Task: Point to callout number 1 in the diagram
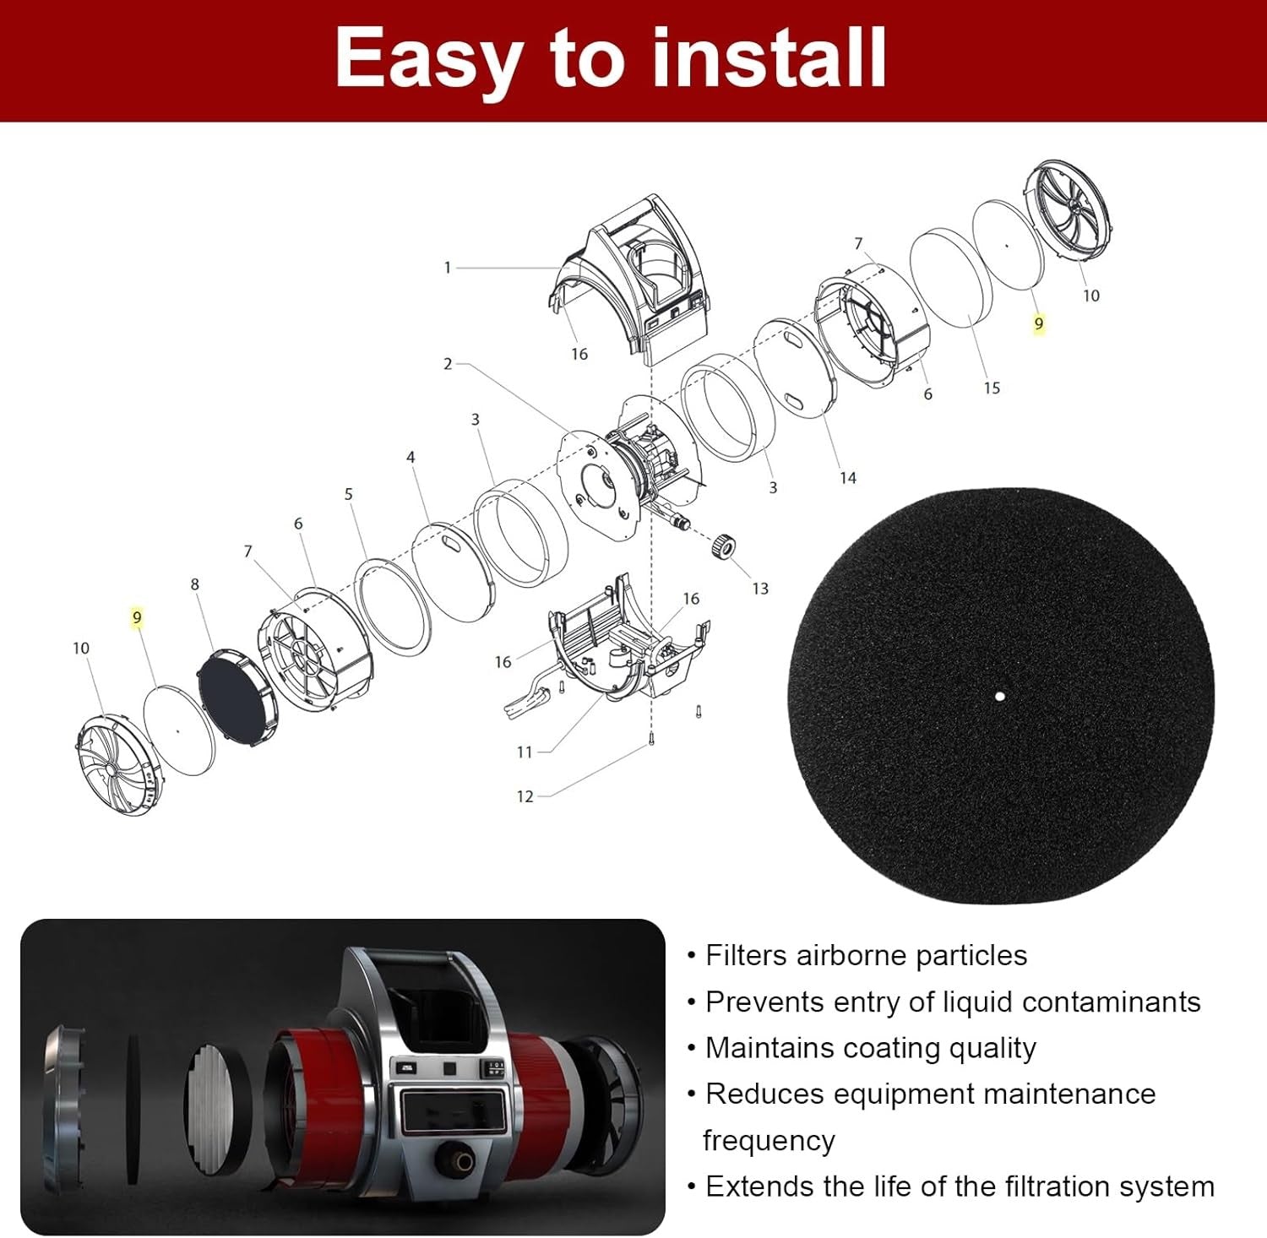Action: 448,268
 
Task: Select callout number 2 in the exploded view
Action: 448,364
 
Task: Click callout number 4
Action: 411,457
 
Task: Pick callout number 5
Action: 348,494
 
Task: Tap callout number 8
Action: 195,584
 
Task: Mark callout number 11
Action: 525,752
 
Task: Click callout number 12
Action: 525,796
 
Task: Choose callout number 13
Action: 760,589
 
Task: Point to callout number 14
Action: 848,478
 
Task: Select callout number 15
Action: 992,388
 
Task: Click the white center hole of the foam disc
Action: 1000,697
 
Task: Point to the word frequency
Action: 769,1141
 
